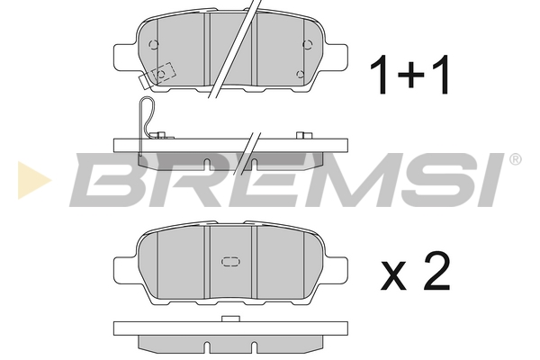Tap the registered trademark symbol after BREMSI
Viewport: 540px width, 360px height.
tap(515, 159)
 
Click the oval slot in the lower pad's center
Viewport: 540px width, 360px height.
tap(230, 262)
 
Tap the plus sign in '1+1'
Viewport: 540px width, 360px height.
tap(411, 75)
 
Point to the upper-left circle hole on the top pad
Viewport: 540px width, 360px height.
tap(154, 44)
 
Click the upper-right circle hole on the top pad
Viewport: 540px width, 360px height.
tap(307, 44)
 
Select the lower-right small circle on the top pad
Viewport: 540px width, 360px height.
tap(301, 74)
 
